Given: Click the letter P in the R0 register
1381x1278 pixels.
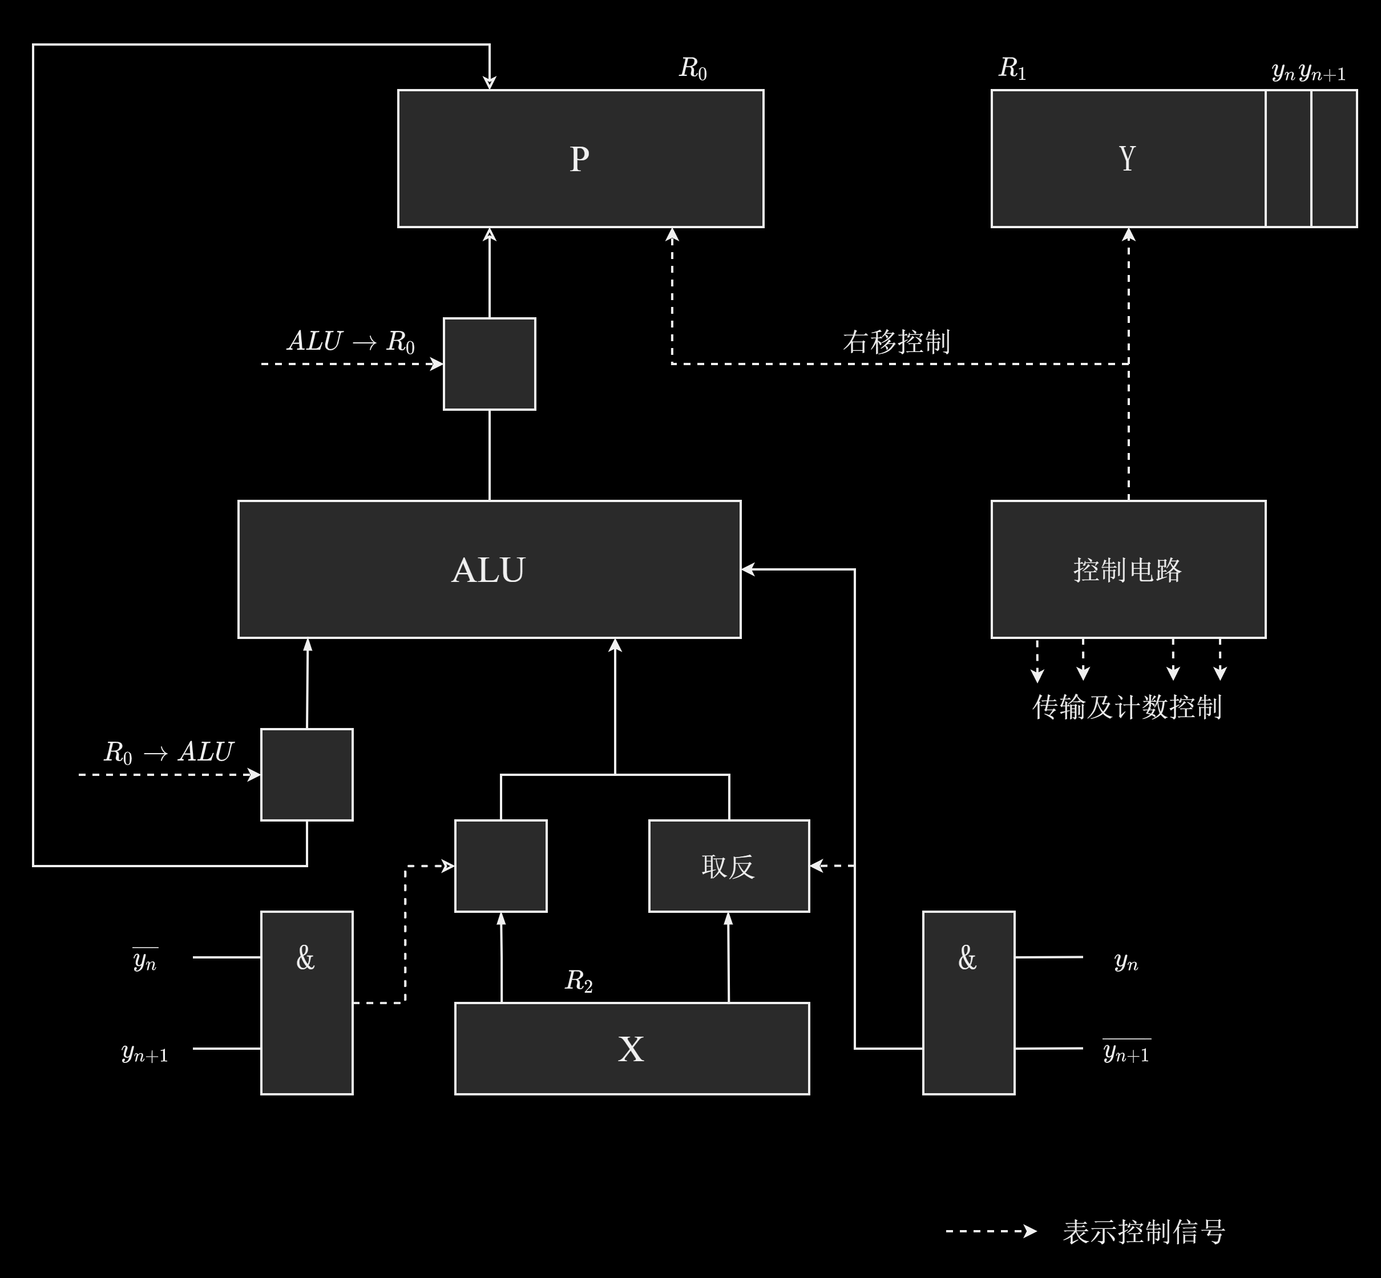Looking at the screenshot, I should [580, 159].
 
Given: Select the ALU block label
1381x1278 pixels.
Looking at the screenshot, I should [488, 571].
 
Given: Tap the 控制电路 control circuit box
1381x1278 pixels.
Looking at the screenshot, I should [1127, 570].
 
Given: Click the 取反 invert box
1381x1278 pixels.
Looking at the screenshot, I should [728, 867].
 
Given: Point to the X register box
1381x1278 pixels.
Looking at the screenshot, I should [631, 1049].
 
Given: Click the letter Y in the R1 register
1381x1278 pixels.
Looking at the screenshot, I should [1126, 159].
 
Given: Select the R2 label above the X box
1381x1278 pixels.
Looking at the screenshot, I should [579, 981].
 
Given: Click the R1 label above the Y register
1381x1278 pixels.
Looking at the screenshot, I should [1012, 68].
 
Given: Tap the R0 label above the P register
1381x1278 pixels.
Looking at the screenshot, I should [692, 68].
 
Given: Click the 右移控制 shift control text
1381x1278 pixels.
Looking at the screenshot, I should [897, 342].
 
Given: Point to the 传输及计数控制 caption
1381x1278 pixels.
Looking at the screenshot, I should [1126, 707].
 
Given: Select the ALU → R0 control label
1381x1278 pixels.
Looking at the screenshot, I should [350, 342].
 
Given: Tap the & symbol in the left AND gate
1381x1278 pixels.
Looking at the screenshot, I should [305, 958].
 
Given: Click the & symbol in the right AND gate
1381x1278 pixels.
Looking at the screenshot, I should [967, 958].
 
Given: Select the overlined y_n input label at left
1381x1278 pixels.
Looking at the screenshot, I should [145, 960].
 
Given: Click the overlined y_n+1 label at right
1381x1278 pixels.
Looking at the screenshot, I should [1126, 1052].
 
